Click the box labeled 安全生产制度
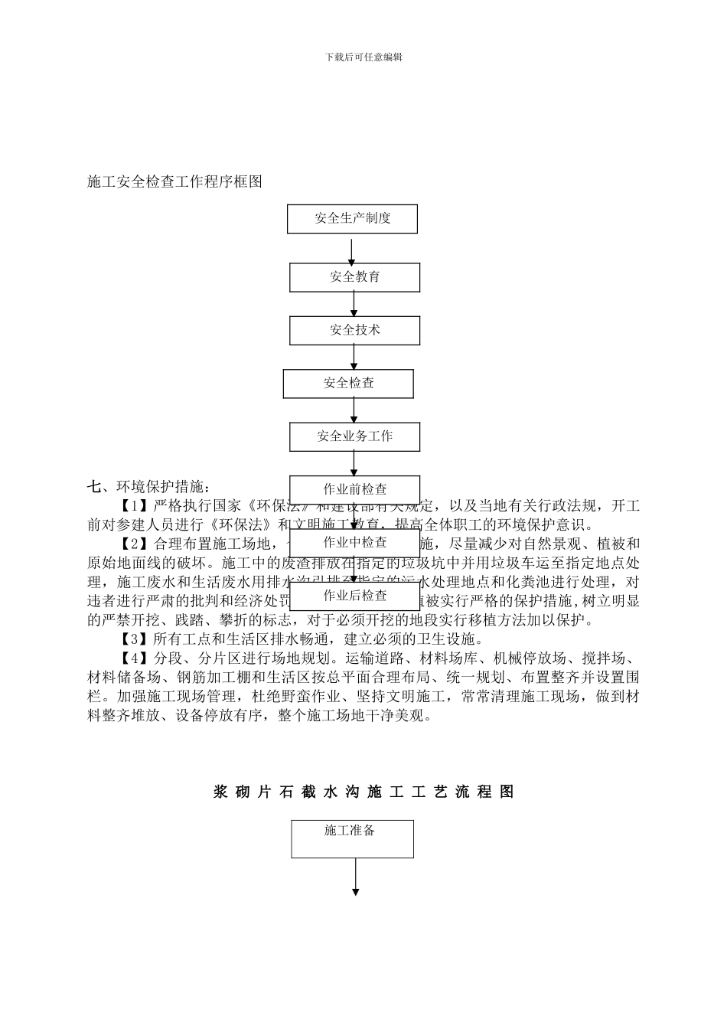352,218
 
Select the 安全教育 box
354,277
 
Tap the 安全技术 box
354,330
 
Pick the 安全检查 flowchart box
348,383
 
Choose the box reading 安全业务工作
354,436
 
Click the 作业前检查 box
354,489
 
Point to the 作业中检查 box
354,542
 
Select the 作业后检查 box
354,595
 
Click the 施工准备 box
352,838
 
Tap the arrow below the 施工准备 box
356,877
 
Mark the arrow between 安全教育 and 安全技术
354,304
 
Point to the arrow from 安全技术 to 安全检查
354,357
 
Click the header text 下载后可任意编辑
363,57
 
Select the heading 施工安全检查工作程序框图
175,181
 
